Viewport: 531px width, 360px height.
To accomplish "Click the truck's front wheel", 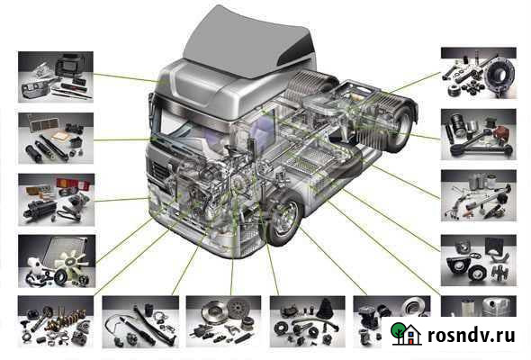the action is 283,218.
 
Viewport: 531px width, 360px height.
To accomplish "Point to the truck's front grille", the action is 159,174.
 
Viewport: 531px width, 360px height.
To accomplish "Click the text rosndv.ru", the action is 471,335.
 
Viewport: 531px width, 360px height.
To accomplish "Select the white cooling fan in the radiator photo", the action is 73,264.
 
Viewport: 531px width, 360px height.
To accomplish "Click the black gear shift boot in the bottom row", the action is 326,309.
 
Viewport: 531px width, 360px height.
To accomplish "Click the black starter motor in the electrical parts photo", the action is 40,207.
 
